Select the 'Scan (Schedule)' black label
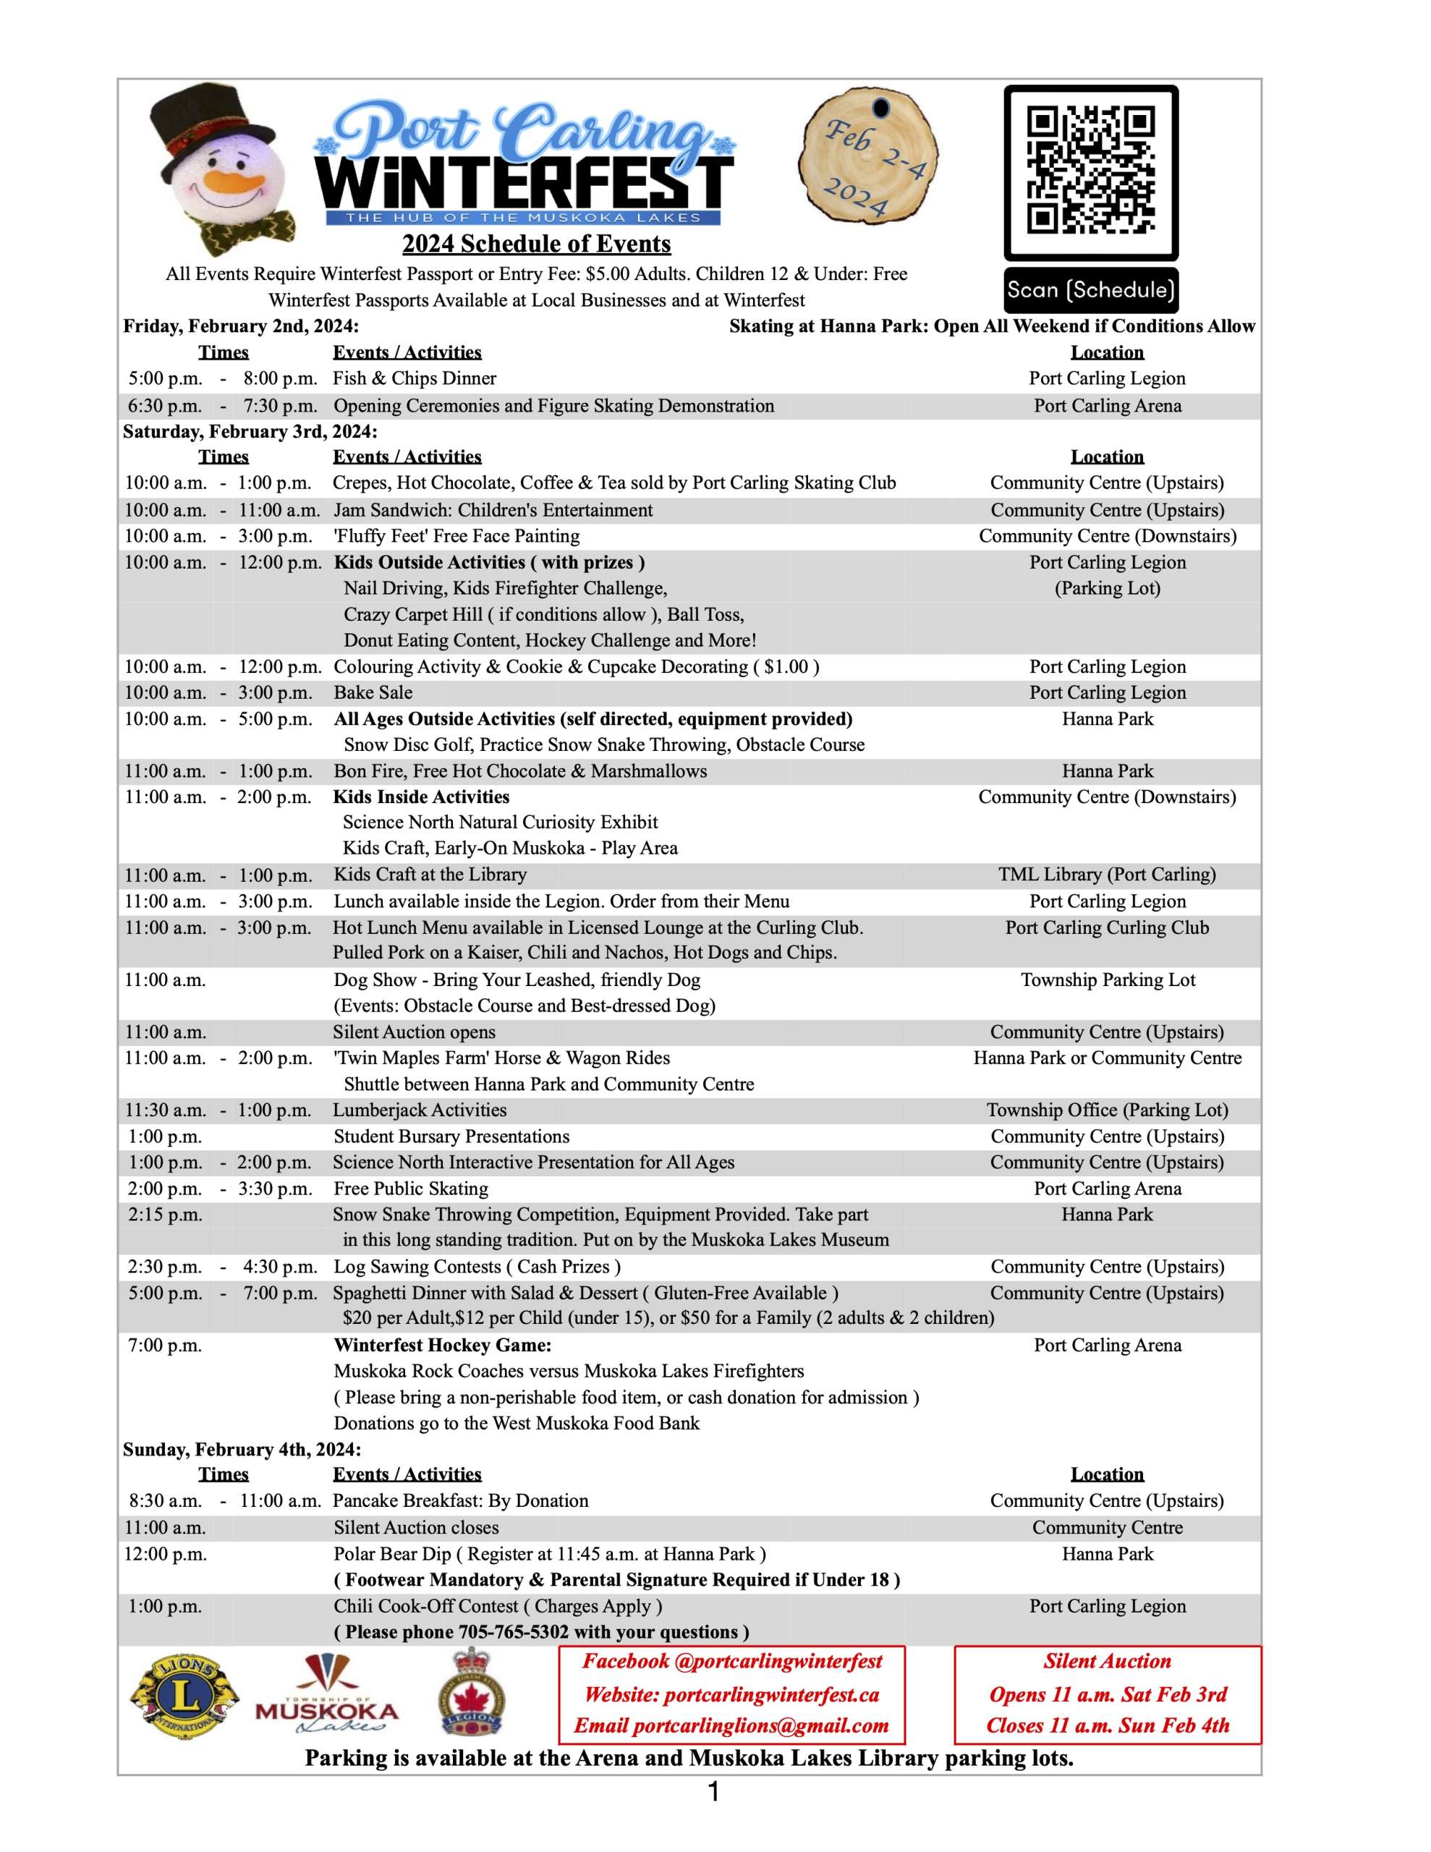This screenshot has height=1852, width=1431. [1090, 290]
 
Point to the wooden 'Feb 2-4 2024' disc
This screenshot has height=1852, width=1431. [867, 156]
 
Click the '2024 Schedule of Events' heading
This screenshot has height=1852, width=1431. [536, 245]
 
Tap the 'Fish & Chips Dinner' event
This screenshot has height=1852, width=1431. [414, 378]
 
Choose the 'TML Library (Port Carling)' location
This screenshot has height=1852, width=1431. [1106, 874]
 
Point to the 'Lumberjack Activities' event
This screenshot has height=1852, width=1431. [419, 1110]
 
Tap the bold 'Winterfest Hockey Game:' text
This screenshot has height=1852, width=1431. [442, 1345]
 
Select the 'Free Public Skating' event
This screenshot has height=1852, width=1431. [410, 1188]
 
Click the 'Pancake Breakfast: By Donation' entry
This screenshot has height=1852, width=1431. [459, 1500]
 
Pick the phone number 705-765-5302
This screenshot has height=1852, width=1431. [513, 1631]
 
